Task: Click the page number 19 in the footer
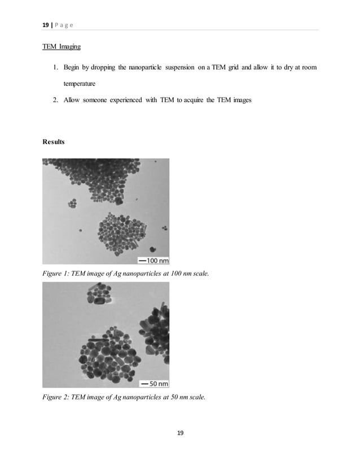point(180,433)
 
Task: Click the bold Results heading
point(54,142)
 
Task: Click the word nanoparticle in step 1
point(144,68)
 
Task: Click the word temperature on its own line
point(83,84)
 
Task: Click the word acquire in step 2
point(206,100)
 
